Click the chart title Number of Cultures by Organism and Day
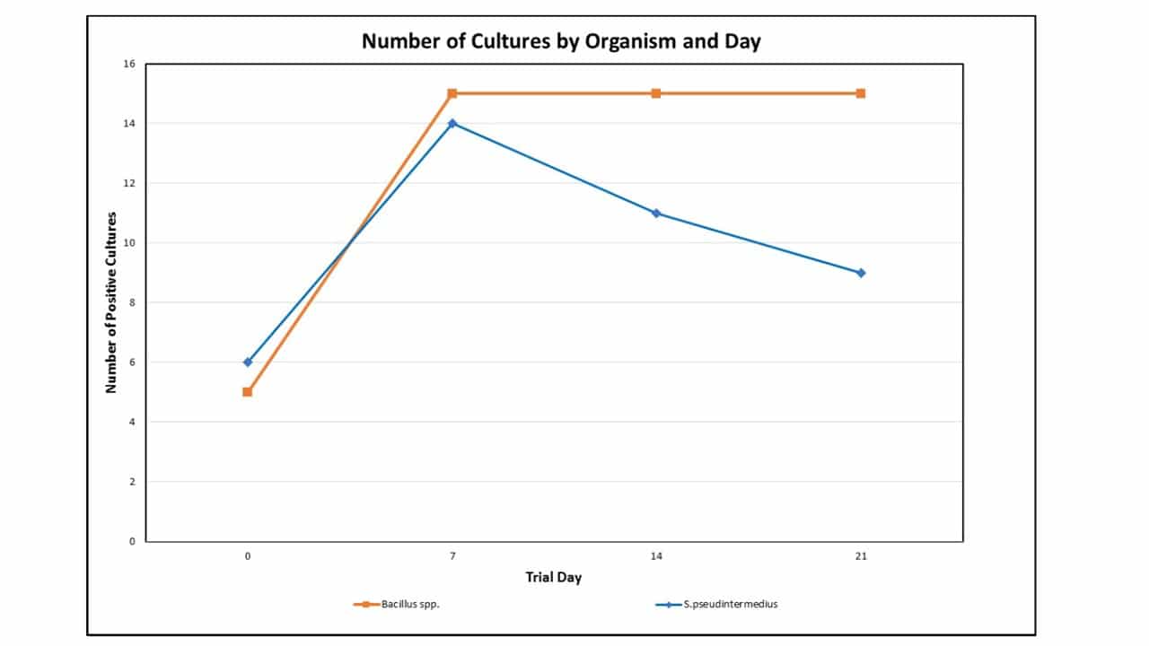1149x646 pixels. [x=561, y=41]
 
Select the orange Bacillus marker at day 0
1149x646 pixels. [x=248, y=392]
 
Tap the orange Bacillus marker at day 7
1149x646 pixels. [x=452, y=93]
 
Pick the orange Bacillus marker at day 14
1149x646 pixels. [x=656, y=93]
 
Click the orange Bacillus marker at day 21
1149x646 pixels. [x=861, y=93]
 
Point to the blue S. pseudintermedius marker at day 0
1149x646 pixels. [x=248, y=362]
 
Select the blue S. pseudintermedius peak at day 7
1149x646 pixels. [x=452, y=123]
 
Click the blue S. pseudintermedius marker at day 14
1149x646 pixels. [x=656, y=213]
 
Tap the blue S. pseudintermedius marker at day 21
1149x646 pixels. [x=861, y=273]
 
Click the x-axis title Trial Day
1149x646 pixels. [x=553, y=577]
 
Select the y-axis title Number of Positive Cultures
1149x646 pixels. [x=112, y=302]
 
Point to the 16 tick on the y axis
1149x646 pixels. [x=129, y=64]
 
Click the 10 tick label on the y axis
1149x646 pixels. [x=129, y=243]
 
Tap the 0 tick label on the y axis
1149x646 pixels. [x=132, y=541]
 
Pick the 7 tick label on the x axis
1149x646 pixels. [x=452, y=556]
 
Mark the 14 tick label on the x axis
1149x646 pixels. [x=656, y=556]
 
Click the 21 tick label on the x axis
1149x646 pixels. [x=861, y=556]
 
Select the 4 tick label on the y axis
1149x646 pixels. [x=132, y=422]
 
